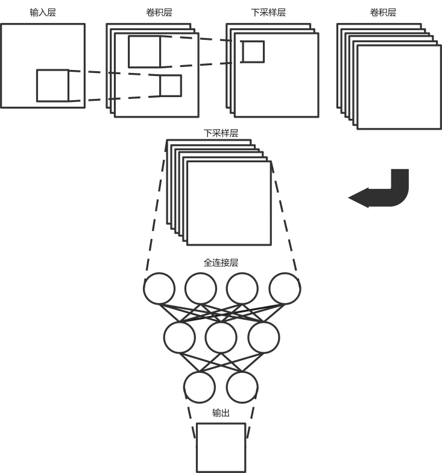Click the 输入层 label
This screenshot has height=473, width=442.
43,12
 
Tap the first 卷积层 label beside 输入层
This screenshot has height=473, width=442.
159,12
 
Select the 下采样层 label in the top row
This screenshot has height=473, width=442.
268,12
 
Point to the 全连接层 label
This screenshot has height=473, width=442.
221,263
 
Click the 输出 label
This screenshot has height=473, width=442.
221,413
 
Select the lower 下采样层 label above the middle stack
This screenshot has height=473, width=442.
221,133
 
